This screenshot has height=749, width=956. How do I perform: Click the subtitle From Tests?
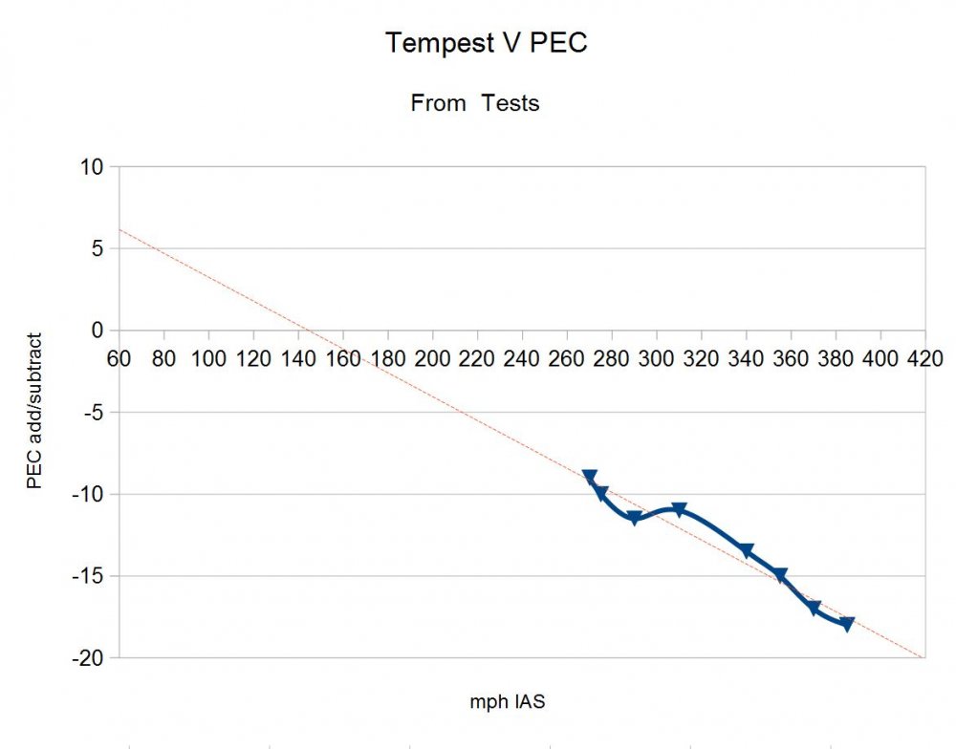tap(475, 103)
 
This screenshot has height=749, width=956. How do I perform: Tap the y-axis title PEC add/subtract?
tap(34, 411)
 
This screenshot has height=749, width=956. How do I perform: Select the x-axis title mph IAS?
tap(508, 702)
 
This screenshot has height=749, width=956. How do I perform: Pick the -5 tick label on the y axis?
tap(93, 413)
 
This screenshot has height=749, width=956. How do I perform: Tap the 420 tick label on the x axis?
tap(924, 358)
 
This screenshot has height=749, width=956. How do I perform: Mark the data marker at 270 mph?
tap(590, 477)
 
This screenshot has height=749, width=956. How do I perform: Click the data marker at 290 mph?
tap(634, 518)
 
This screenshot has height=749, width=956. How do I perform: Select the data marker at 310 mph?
tap(679, 510)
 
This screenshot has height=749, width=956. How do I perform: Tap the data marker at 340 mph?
tap(746, 550)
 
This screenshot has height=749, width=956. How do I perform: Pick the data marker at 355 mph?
tap(780, 575)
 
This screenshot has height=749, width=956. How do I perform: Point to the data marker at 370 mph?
tap(814, 608)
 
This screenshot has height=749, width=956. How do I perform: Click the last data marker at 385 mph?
tap(847, 624)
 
